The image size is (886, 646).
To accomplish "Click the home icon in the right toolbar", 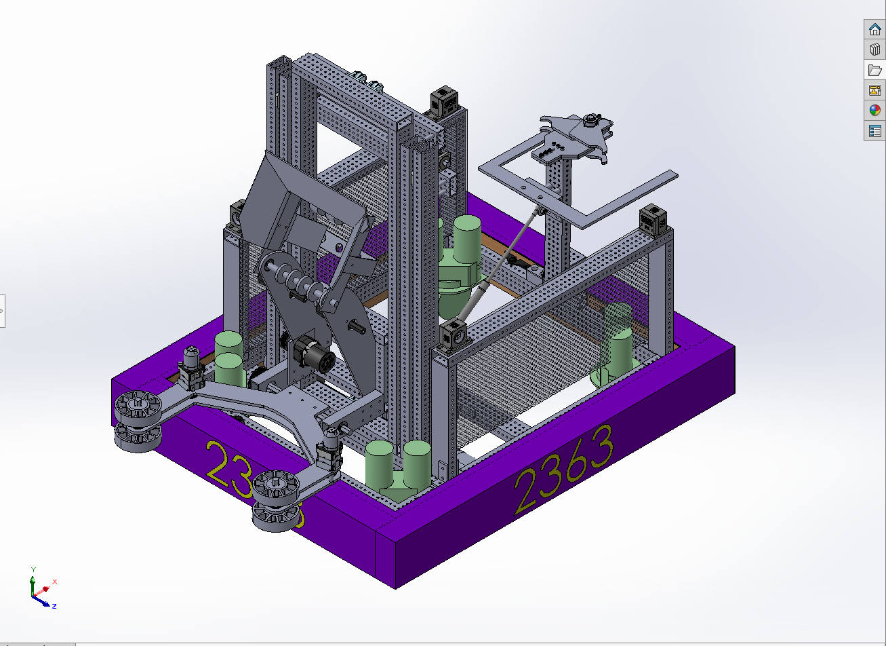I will [x=874, y=29].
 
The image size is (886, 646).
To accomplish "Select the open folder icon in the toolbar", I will [x=874, y=70].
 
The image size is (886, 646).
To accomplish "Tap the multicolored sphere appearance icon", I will [x=874, y=111].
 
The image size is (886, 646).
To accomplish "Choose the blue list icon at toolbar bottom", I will [x=874, y=131].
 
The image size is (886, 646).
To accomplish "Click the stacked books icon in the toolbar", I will [x=874, y=50].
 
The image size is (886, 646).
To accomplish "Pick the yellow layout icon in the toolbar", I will [x=874, y=90].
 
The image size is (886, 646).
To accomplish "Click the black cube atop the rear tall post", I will [x=447, y=101].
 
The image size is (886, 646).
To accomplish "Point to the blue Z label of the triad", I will [x=54, y=605].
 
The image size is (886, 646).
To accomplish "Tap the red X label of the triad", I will [x=54, y=582].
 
